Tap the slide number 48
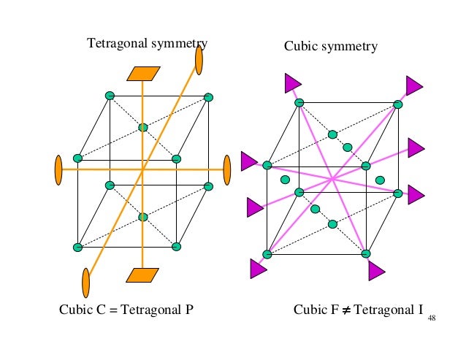pyautogui.click(x=432, y=318)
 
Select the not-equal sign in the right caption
pyautogui.click(x=343, y=309)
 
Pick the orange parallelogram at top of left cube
pyautogui.click(x=143, y=73)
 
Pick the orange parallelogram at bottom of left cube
pyautogui.click(x=142, y=275)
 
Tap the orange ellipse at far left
pyautogui.click(x=58, y=170)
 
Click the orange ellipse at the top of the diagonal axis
pyautogui.click(x=199, y=58)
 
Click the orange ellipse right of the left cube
pyautogui.click(x=226, y=169)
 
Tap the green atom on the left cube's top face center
pyautogui.click(x=143, y=127)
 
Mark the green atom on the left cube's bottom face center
pyautogui.click(x=143, y=217)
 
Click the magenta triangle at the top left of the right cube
pyautogui.click(x=293, y=83)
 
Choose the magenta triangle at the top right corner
pyautogui.click(x=414, y=85)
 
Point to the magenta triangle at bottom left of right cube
pyautogui.click(x=258, y=269)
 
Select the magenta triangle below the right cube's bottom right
pyautogui.click(x=376, y=272)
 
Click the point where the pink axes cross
pyautogui.click(x=332, y=178)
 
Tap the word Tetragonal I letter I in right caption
pyautogui.click(x=421, y=309)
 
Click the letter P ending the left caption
pyautogui.click(x=189, y=309)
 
